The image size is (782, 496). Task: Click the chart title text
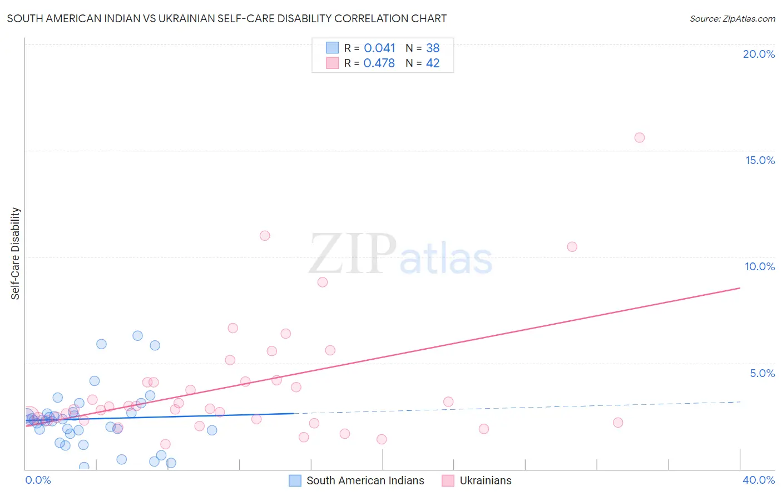(x=226, y=19)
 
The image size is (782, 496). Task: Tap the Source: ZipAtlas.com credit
(x=732, y=19)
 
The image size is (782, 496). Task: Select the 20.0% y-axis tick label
(x=759, y=54)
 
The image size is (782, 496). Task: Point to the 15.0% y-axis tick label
(x=760, y=160)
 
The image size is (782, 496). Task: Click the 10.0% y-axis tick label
(x=760, y=266)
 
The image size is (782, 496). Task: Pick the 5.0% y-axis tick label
(x=762, y=373)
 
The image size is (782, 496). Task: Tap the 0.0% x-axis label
(x=38, y=480)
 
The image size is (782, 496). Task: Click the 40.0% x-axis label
(x=759, y=480)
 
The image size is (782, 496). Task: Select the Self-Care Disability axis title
(x=16, y=254)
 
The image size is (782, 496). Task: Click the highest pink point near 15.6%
(x=640, y=138)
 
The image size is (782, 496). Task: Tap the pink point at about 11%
(x=265, y=236)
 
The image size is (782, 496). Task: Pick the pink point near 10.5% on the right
(x=572, y=247)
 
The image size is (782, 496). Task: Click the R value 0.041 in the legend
(x=379, y=48)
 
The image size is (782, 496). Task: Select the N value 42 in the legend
(x=433, y=63)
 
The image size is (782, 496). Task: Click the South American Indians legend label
(x=365, y=480)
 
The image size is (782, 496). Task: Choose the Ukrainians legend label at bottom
(x=485, y=480)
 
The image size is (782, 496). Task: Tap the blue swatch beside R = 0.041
(x=332, y=48)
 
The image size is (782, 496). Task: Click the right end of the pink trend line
(x=740, y=288)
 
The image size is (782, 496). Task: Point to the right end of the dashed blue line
(x=740, y=401)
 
